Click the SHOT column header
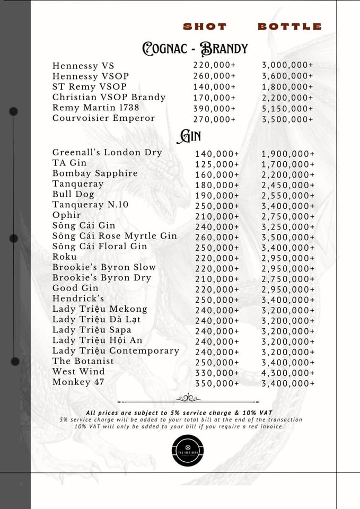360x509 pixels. [205, 27]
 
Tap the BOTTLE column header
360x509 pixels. [289, 27]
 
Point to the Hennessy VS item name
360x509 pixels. [83, 66]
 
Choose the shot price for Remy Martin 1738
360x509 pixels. [214, 109]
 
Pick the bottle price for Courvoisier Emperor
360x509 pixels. [287, 119]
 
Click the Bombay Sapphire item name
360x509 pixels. [95, 173]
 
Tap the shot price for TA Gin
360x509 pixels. [217, 164]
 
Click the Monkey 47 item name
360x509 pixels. [78, 382]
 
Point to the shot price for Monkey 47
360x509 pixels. [217, 384]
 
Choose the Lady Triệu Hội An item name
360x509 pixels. [98, 340]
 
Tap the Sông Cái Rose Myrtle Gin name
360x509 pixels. [115, 236]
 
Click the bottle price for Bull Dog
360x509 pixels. [288, 196]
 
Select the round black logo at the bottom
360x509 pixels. [188, 450]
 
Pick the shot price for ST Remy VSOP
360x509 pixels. [214, 87]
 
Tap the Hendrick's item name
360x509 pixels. [78, 299]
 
